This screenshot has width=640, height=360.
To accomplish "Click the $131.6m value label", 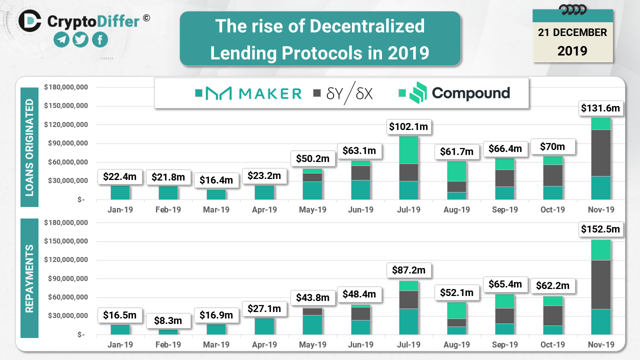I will [x=600, y=107].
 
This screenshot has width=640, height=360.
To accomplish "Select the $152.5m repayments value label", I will [x=600, y=229].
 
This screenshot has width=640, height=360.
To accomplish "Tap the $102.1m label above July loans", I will [x=408, y=127].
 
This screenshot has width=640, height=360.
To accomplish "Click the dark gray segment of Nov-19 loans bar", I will [x=600, y=153].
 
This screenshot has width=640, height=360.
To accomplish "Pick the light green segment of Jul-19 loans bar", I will [x=408, y=150].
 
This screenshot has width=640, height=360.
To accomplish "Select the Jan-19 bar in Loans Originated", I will [x=120, y=192].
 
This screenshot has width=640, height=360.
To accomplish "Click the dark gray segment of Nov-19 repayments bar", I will [x=600, y=284].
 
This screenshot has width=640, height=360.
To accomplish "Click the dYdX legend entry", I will [x=349, y=93].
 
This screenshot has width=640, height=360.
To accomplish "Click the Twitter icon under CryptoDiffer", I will [x=80, y=39].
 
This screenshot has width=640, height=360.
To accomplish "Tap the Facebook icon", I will [x=99, y=39].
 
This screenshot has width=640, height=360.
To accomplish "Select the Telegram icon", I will [x=61, y=39].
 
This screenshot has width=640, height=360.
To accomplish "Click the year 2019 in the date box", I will [x=572, y=50].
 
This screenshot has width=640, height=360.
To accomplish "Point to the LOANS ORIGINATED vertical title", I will [x=29, y=147].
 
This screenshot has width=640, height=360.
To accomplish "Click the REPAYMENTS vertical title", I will [x=29, y=278].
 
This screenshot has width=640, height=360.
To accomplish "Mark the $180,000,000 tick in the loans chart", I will [x=66, y=87].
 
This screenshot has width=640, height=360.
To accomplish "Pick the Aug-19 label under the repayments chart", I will [x=456, y=344].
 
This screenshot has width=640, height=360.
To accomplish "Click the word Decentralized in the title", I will [x=367, y=26].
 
